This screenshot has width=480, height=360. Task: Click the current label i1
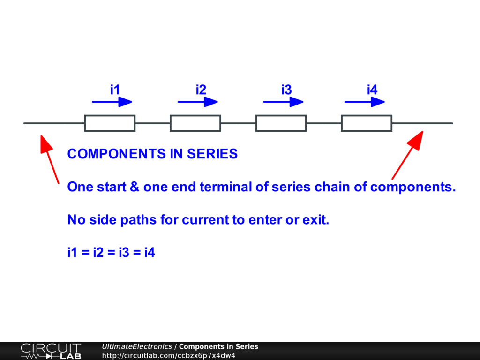point(115,90)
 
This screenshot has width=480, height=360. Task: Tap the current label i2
point(201,90)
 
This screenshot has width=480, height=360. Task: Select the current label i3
point(286,90)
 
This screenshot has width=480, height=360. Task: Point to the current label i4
point(372,90)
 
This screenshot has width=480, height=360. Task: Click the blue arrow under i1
point(112,102)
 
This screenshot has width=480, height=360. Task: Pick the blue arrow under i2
point(198,102)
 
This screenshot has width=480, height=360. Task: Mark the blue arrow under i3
point(283,102)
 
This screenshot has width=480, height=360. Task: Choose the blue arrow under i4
point(365,102)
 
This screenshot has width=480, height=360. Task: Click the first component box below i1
point(110,123)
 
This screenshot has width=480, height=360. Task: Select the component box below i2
point(195,123)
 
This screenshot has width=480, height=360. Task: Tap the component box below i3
point(281,123)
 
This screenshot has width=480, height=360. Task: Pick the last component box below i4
point(367,123)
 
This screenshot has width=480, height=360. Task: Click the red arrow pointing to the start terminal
point(50,159)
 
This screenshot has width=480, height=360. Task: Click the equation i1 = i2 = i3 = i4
point(111,253)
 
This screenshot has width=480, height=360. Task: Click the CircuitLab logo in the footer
point(51,351)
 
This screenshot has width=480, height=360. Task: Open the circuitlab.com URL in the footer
point(169,355)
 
